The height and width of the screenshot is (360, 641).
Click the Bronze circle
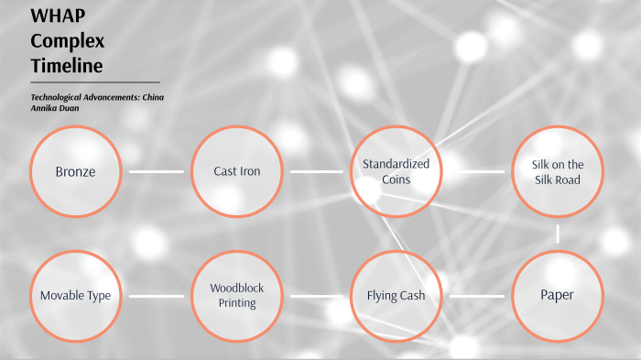click(x=75, y=171)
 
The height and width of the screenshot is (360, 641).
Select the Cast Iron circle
click(x=236, y=171)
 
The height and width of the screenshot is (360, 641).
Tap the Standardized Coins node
click(x=396, y=171)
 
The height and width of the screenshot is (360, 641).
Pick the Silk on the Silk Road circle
click(x=557, y=171)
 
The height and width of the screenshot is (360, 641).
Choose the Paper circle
click(x=557, y=295)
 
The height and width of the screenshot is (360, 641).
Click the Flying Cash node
click(x=396, y=296)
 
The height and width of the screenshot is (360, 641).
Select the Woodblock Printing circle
click(x=236, y=296)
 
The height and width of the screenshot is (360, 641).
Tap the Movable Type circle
click(x=75, y=296)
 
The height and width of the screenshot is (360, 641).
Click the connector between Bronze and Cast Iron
click(x=156, y=171)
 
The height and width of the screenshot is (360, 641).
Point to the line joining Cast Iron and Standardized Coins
click(x=316, y=171)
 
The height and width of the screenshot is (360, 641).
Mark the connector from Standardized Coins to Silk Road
click(x=477, y=171)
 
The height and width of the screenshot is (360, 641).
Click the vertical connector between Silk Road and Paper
click(x=557, y=234)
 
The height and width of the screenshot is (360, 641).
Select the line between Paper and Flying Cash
click(x=477, y=296)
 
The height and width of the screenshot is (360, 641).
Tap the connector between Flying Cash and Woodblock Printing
click(x=316, y=296)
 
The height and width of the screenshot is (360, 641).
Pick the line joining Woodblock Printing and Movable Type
click(x=156, y=296)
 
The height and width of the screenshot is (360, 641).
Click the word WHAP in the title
click(x=52, y=16)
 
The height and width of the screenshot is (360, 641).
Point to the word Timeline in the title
click(x=66, y=66)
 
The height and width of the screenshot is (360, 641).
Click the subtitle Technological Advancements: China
click(x=97, y=96)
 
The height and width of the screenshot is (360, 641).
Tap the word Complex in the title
click(x=67, y=41)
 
